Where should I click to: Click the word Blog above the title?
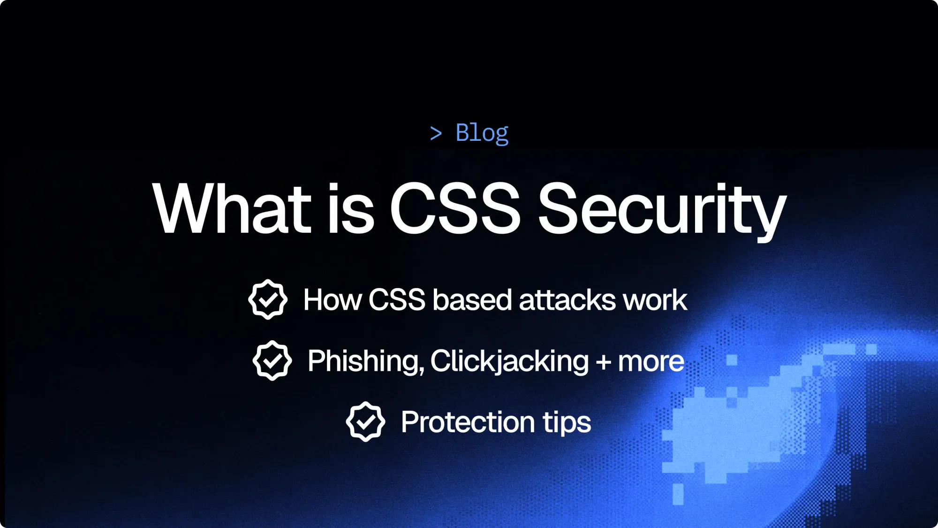482,133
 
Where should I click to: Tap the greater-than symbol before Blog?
436,134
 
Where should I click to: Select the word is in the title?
351,208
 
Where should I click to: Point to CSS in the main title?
454,208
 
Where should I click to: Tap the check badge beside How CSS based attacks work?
268,299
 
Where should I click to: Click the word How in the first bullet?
333,299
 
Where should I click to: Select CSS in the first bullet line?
397,299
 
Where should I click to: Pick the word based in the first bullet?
472,299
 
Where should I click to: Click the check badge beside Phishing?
272,360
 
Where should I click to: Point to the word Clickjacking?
509,361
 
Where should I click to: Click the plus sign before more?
604,362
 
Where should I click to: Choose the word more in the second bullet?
651,361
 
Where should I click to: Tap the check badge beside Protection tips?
366,421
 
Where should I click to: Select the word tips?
567,422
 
